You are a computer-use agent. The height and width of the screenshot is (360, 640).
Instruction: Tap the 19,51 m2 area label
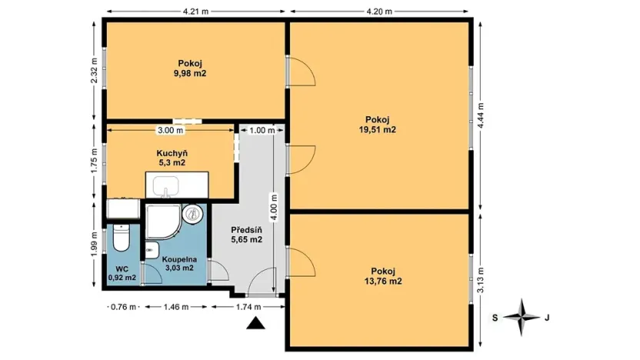(x=380, y=130)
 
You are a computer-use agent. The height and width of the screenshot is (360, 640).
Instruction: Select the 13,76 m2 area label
(x=382, y=282)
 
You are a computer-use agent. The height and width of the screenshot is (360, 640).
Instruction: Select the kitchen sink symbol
(x=167, y=187)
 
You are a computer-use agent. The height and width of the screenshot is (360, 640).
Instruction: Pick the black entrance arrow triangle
(x=256, y=325)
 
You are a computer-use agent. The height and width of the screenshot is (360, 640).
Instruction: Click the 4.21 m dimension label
(x=197, y=11)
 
